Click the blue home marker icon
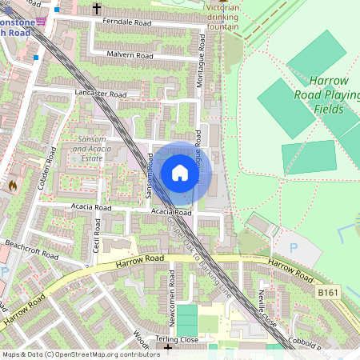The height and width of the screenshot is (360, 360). tap(180, 172)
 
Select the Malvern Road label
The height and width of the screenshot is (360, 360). tap(130, 55)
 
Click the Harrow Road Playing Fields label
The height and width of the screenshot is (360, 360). tap(329, 94)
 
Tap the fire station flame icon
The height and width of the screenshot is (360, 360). tap(12, 186)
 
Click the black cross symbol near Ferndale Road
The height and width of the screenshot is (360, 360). tap(97, 8)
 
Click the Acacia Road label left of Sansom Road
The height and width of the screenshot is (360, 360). tap(90, 207)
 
